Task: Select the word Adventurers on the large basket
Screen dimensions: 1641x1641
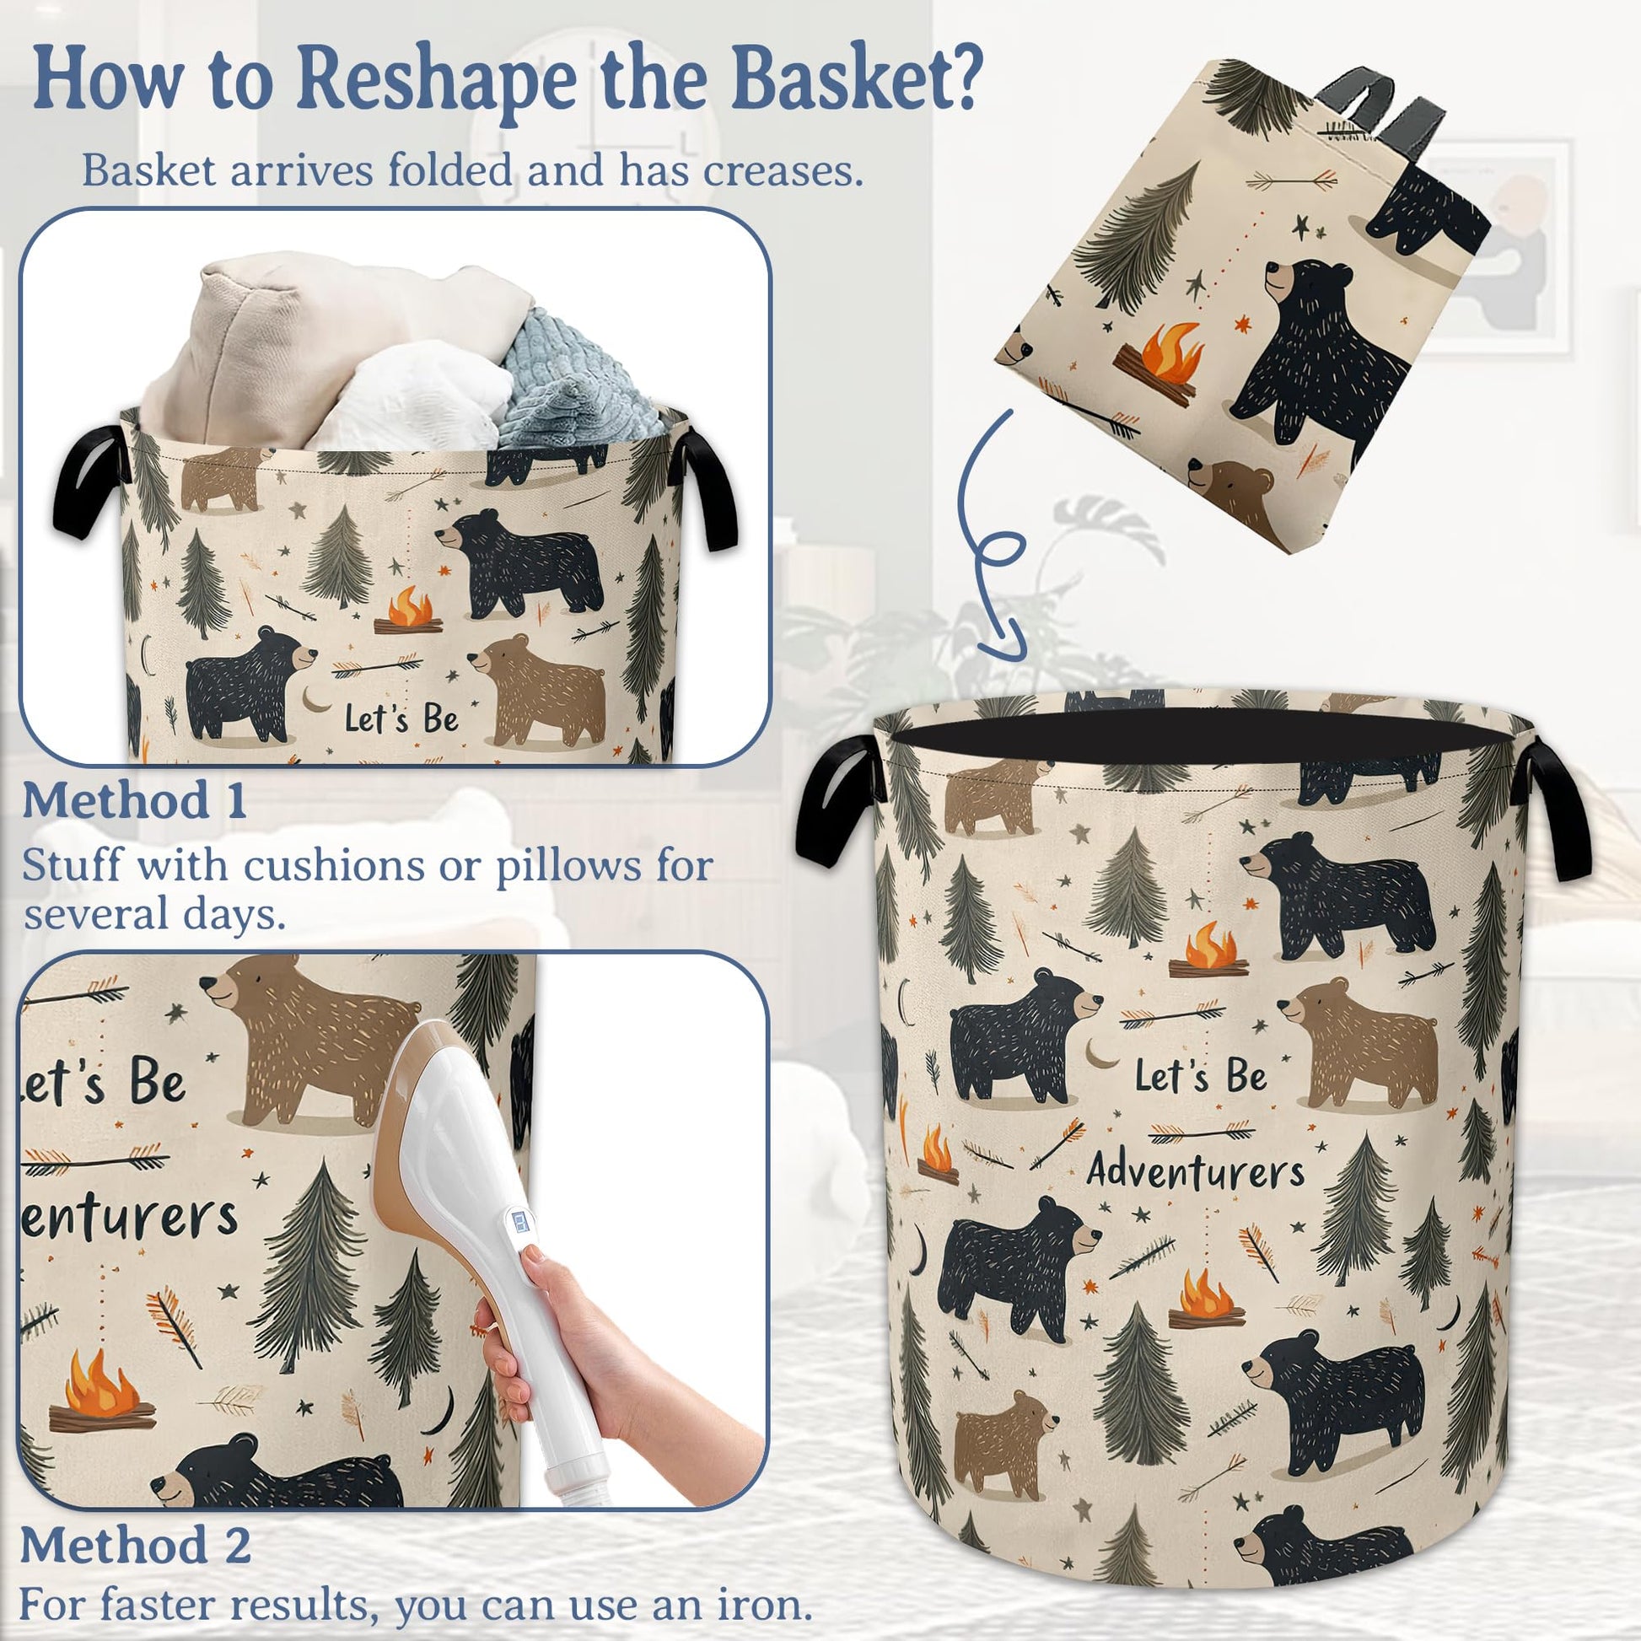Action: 1196,1171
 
